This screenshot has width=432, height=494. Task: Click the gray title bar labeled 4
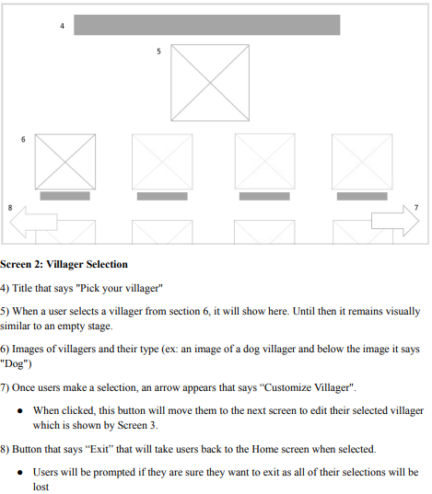(x=207, y=25)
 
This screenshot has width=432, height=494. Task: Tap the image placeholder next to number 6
(x=65, y=162)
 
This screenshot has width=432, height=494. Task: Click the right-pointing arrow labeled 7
(x=395, y=221)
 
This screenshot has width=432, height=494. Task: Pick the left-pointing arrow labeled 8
(x=34, y=222)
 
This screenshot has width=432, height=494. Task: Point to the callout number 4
(x=62, y=26)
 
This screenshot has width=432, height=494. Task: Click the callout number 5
(x=158, y=52)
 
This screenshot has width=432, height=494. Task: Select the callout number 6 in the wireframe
(x=23, y=139)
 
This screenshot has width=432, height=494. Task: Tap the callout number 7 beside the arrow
(x=416, y=208)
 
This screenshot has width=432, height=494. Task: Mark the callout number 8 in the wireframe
(x=10, y=208)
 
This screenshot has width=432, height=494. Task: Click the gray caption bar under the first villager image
(x=65, y=196)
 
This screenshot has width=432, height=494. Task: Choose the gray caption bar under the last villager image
(x=362, y=196)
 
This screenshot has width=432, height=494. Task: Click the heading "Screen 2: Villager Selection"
(x=64, y=264)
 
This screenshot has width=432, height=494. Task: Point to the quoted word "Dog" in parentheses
(x=16, y=364)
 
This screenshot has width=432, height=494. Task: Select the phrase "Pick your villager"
(x=122, y=288)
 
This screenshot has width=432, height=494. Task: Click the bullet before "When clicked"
(x=20, y=411)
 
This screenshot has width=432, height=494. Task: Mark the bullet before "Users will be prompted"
(x=20, y=473)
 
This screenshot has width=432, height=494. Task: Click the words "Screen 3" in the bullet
(x=136, y=425)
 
